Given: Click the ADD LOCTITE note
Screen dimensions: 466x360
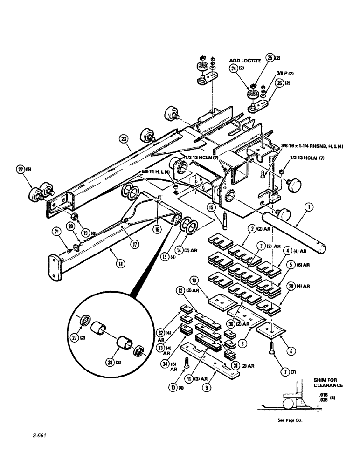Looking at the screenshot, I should coord(247,60).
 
